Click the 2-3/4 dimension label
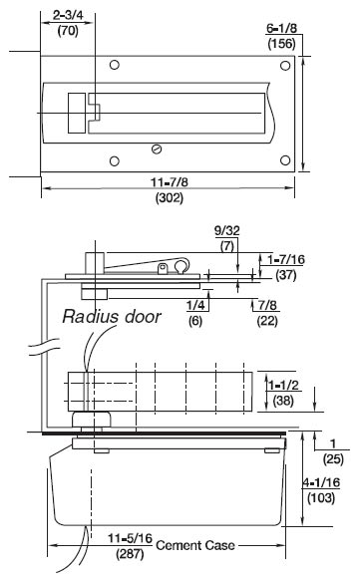pos(68,15)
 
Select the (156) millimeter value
pos(281,44)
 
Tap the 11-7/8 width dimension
pos(170,182)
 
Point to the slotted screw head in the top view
pos(158,149)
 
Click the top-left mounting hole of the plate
pos(115,65)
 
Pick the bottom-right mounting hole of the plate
pos(285,160)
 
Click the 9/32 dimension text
pos(227,231)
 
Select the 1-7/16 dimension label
pos(286,259)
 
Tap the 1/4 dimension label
pos(195,305)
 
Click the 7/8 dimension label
pos(267,305)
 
